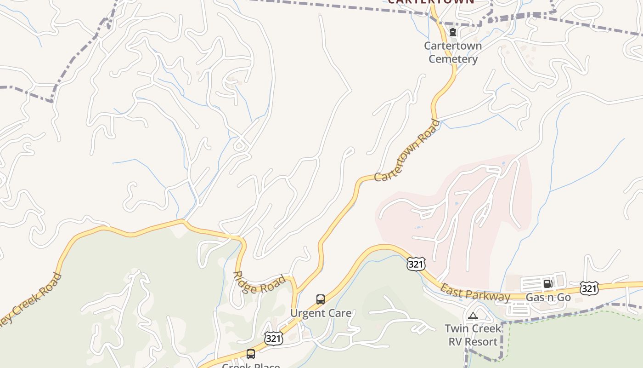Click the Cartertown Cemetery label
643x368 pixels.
(453, 52)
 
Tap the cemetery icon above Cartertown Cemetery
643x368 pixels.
(453, 32)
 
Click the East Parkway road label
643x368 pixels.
(475, 293)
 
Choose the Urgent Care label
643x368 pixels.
(321, 313)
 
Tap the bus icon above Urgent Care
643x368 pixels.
(321, 299)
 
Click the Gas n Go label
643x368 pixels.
(548, 297)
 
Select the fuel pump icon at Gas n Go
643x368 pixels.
(548, 284)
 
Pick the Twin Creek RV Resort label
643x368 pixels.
(473, 335)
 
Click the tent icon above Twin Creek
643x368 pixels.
(473, 316)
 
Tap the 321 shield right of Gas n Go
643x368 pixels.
(589, 288)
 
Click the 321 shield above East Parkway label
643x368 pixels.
(416, 264)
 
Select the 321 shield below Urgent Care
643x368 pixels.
(273, 339)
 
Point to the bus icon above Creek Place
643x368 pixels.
(251, 354)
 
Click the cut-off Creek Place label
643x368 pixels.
(251, 365)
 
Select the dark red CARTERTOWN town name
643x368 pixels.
(431, 2)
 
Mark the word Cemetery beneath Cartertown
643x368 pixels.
(453, 59)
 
